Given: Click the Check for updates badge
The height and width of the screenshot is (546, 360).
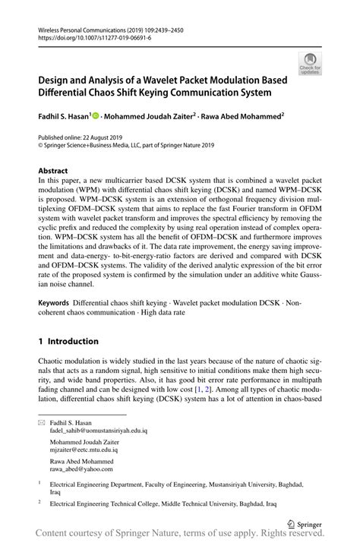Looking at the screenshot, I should (x=310, y=63).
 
